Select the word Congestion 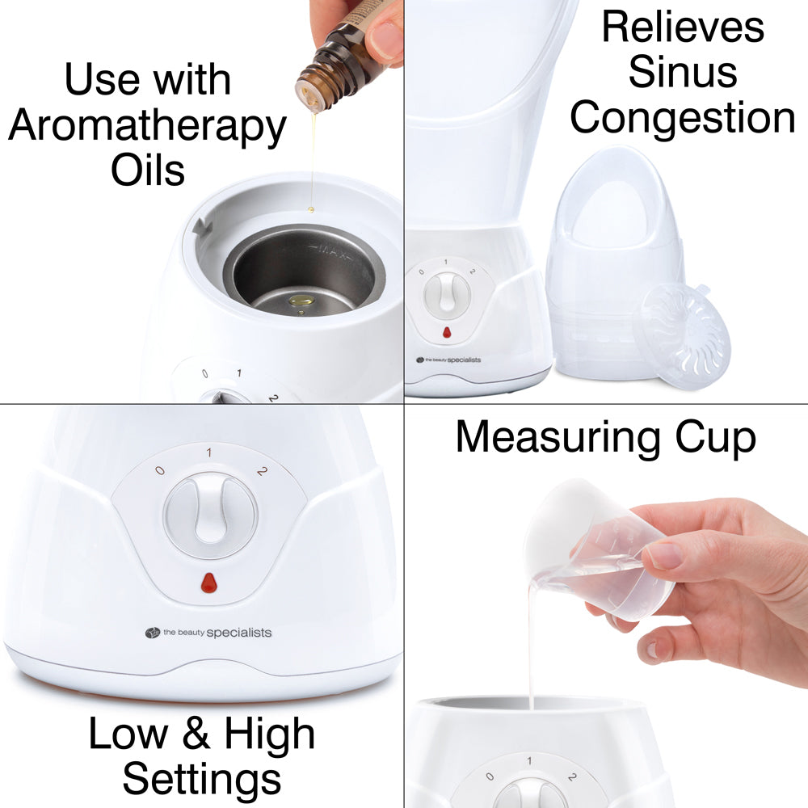683,117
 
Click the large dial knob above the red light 211,513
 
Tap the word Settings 202,780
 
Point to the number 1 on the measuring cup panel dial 529,762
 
